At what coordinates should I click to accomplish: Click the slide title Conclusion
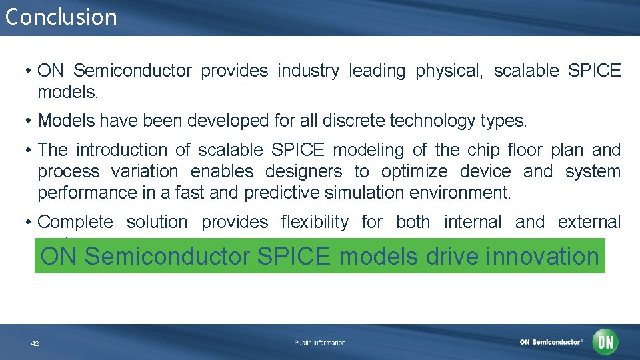tap(61, 17)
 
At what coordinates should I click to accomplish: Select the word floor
tap(535, 150)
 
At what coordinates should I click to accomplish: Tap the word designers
tap(303, 171)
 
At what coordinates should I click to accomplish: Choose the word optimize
tap(414, 171)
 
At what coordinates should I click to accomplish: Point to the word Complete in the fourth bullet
tap(75, 222)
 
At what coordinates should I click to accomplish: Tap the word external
tap(589, 222)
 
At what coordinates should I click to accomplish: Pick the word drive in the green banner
tap(445, 256)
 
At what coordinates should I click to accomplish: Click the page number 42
tap(35, 343)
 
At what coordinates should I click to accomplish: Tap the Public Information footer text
tap(319, 343)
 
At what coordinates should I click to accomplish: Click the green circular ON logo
tap(605, 342)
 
